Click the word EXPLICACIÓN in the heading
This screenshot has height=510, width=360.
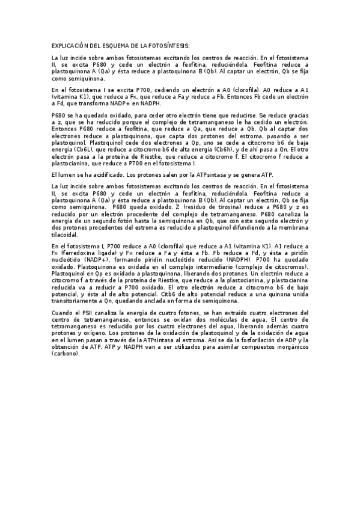click(69, 46)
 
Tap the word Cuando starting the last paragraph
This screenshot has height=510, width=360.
click(63, 313)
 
